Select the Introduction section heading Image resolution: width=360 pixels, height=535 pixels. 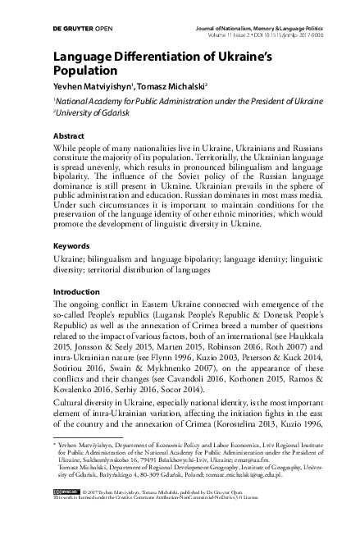[x=76, y=291]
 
